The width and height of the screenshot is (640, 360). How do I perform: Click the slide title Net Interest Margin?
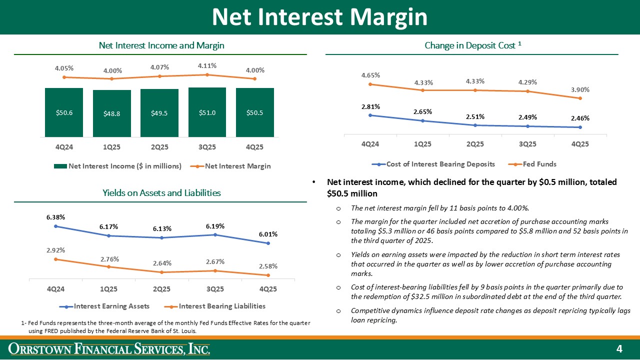pos(319,17)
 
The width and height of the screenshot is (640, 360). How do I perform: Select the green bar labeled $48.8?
pos(112,113)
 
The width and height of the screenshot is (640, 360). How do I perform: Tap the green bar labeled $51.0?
pos(207,112)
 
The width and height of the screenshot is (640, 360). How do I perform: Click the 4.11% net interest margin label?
pos(207,65)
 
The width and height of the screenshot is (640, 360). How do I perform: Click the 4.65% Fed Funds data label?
pos(370,75)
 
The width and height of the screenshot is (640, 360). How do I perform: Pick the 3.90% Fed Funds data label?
pos(579,89)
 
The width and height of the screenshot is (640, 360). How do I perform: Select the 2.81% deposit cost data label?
pos(370,106)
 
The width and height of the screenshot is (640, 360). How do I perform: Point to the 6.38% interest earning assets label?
pos(56,217)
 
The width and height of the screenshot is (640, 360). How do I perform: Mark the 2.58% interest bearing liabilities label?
pos(268,266)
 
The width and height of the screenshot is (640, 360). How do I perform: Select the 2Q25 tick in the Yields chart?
pos(162,289)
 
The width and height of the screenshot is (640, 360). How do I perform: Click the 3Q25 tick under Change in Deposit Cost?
pos(527,143)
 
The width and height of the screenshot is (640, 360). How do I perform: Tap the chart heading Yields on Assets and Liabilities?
pos(161,192)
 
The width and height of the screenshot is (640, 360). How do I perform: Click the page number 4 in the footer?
pos(619,348)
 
